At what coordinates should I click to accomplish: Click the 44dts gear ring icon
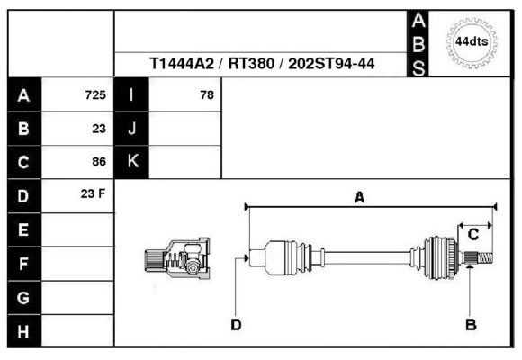click(472, 42)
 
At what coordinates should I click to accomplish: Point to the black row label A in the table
click(23, 94)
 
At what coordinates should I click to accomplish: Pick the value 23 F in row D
click(94, 194)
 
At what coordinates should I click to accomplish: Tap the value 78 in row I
click(206, 95)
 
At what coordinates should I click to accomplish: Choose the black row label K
click(132, 162)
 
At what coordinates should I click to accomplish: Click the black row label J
click(132, 129)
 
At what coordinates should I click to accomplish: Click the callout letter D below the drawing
click(236, 324)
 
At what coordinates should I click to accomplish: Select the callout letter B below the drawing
click(470, 324)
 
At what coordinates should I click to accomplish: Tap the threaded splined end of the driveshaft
click(481, 259)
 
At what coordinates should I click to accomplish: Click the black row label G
click(23, 297)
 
